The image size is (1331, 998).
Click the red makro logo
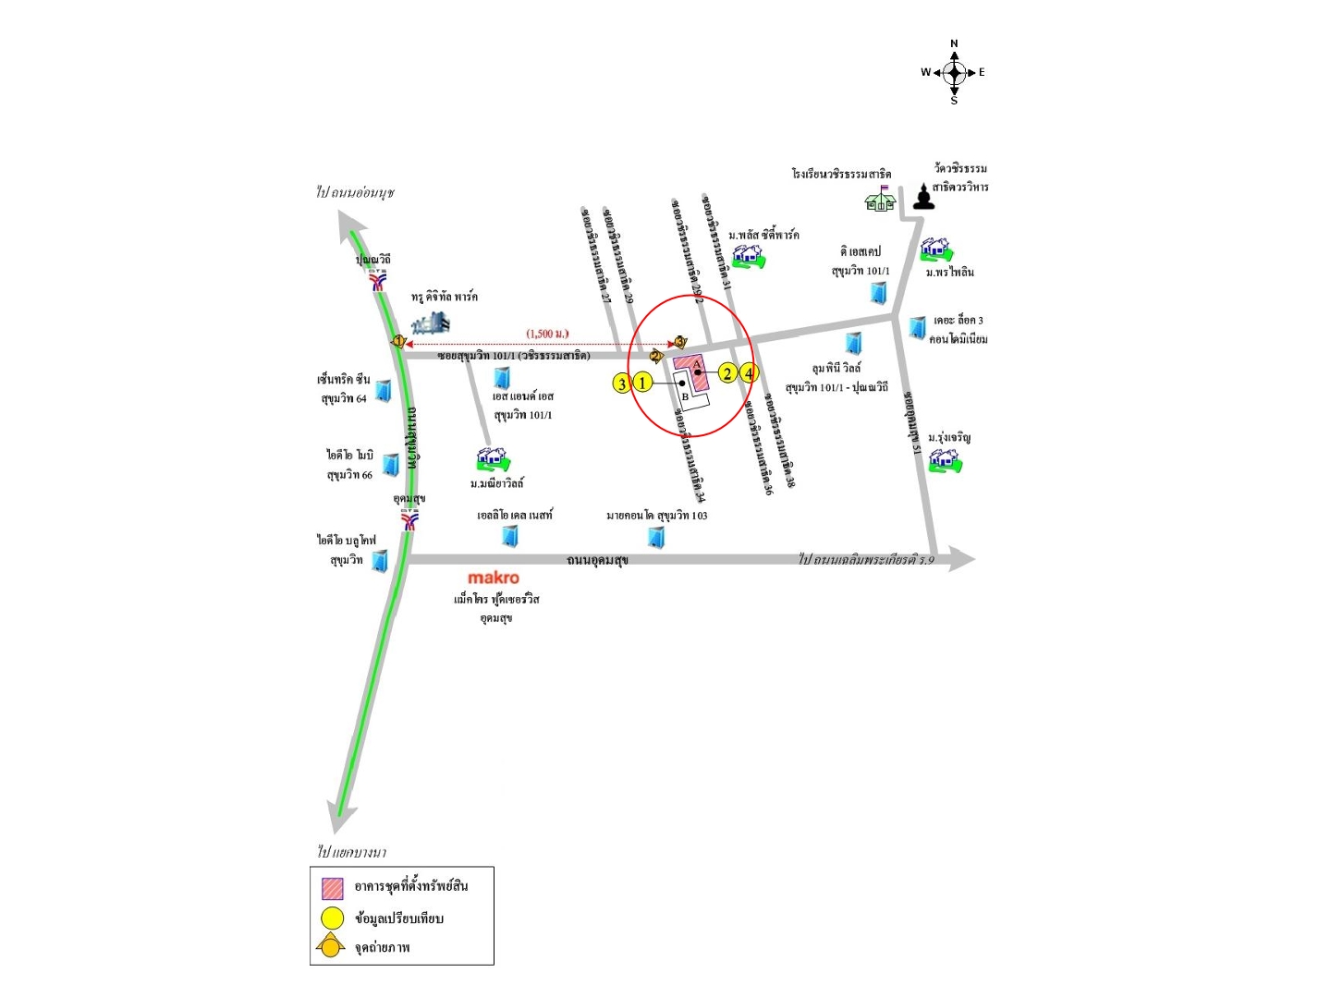click(494, 578)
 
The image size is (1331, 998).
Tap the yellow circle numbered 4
click(749, 373)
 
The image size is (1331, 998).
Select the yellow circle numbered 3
click(622, 383)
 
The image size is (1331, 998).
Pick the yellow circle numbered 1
click(642, 382)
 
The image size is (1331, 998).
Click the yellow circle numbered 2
click(727, 373)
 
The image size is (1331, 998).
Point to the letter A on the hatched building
click(696, 363)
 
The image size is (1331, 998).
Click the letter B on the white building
click(685, 396)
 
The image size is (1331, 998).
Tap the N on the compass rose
click(954, 43)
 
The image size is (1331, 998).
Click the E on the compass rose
click(982, 72)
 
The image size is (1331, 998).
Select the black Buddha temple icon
click(922, 197)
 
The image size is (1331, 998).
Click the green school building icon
click(881, 199)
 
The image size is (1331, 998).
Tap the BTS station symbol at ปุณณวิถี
click(379, 280)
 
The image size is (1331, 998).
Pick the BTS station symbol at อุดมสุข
click(409, 520)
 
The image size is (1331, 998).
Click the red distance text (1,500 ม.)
click(547, 334)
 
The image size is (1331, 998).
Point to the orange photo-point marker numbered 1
click(398, 341)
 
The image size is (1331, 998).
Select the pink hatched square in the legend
click(332, 888)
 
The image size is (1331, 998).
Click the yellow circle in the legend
click(332, 919)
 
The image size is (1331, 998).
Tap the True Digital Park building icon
click(431, 323)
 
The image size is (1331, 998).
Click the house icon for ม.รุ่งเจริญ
click(944, 459)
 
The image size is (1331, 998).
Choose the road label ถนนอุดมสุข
click(597, 560)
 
